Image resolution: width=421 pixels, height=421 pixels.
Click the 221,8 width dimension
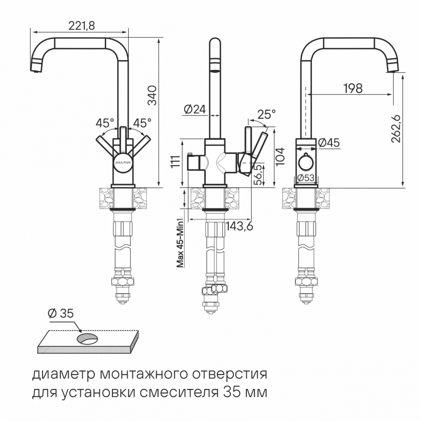coord(81,25)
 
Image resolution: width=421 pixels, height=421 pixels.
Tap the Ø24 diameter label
coord(195,109)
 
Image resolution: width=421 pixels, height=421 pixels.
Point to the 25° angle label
coord(266,115)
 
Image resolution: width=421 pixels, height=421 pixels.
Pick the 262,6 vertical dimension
coord(396,128)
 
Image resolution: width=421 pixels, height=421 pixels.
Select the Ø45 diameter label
coord(329,143)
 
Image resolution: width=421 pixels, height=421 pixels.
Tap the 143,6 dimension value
coord(239,226)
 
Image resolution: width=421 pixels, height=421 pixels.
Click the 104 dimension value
coord(281,155)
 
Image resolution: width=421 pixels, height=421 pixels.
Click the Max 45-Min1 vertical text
coord(180,243)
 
